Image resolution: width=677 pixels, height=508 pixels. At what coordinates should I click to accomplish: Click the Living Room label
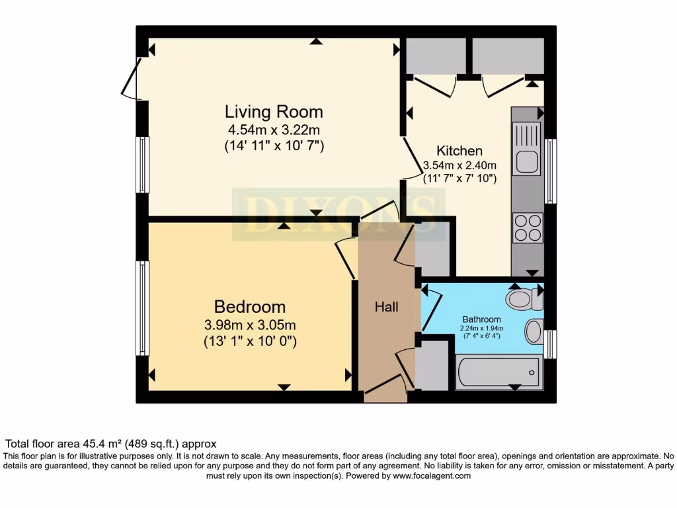(x=274, y=111)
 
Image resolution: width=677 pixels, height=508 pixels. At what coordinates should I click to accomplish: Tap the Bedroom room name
(x=250, y=307)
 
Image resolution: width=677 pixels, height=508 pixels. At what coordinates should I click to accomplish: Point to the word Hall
(x=386, y=307)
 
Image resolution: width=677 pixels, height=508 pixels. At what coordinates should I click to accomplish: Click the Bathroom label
(x=481, y=318)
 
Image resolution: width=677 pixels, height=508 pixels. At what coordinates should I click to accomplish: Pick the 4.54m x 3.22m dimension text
(x=274, y=130)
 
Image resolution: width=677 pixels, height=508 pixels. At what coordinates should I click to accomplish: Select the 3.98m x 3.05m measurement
(x=250, y=325)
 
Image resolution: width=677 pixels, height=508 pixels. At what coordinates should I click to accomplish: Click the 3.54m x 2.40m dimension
(x=459, y=165)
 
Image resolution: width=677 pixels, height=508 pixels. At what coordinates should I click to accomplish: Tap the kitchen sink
(x=527, y=161)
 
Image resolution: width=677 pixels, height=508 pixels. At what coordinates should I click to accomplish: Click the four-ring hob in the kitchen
(x=528, y=228)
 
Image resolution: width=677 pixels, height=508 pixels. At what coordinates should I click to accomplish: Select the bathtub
(x=499, y=372)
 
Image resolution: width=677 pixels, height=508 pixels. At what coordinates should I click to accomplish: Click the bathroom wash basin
(x=534, y=331)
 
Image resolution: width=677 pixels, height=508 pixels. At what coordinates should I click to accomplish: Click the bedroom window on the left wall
(x=142, y=308)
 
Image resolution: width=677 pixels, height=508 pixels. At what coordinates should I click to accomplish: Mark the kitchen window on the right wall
(x=550, y=171)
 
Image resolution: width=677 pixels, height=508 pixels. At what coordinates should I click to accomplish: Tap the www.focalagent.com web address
(x=432, y=476)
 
